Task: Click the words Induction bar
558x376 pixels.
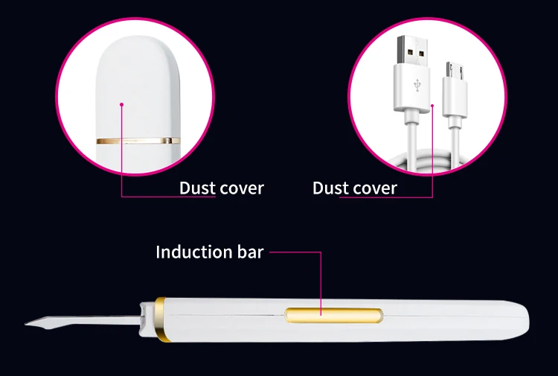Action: (x=209, y=252)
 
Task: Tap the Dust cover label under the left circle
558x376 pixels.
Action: (x=221, y=188)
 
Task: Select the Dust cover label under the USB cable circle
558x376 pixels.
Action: (x=355, y=188)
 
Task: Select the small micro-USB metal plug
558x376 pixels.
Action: (x=452, y=71)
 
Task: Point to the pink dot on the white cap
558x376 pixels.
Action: (x=121, y=105)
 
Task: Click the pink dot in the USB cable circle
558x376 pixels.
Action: (x=432, y=106)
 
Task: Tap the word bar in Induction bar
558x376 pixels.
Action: (x=249, y=252)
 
